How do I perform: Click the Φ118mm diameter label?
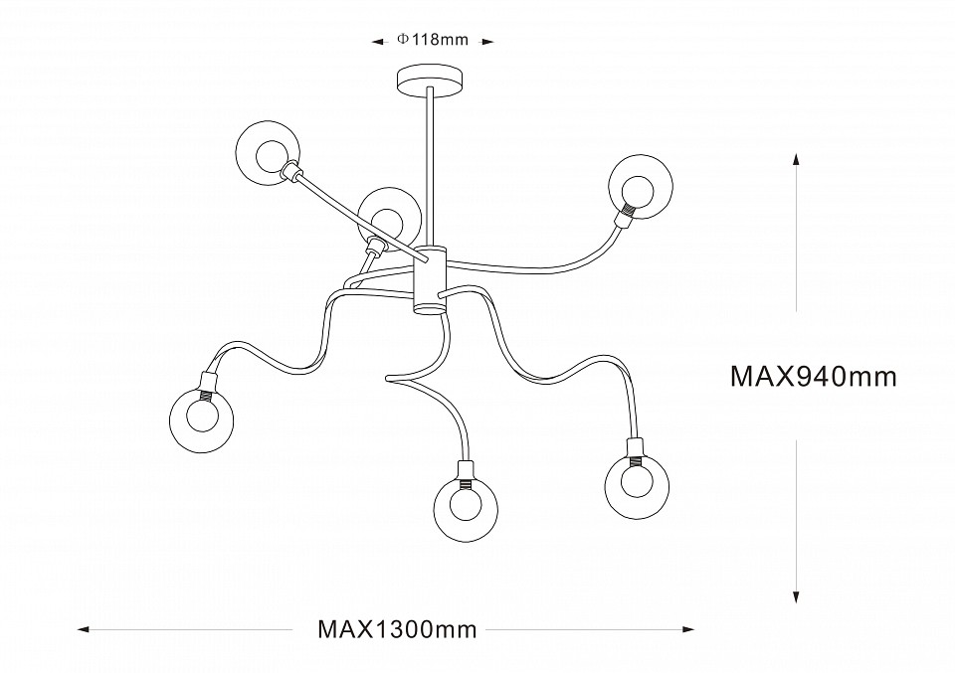[432, 41]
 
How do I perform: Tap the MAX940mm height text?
[814, 377]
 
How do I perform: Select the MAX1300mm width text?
[397, 629]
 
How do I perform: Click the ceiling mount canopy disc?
[431, 80]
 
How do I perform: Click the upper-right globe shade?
[640, 185]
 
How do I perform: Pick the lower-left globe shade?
[203, 417]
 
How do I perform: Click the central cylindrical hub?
[431, 277]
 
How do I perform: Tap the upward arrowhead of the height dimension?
[796, 160]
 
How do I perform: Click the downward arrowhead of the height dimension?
[796, 596]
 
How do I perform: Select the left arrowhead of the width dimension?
[84, 629]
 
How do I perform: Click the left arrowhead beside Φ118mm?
[378, 42]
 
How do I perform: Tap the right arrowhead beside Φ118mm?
[487, 42]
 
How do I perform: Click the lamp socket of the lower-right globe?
[633, 449]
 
